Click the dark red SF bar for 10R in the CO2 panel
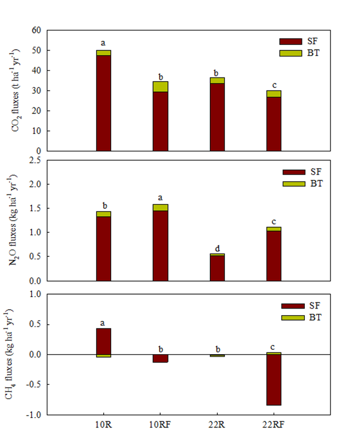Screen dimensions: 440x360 coord(103,103)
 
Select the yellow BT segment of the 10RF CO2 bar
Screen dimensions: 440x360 coord(160,86)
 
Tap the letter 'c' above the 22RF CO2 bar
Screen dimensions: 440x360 coord(274,84)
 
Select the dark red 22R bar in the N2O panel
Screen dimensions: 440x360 coord(217,268)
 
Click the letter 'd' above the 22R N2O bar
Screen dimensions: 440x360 coord(217,248)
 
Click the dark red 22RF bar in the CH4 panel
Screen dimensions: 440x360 coord(274,380)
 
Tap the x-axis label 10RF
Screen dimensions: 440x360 coord(160,425)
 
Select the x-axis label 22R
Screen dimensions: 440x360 coord(217,425)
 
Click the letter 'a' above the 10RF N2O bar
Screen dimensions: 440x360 coord(160,198)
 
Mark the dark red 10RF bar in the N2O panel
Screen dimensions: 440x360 coord(160,246)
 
